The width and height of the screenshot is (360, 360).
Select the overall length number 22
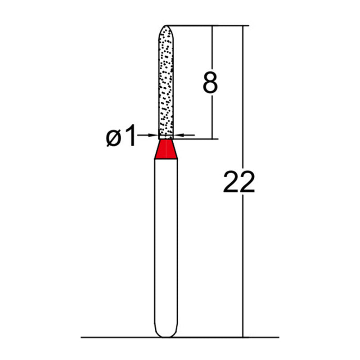(239, 182)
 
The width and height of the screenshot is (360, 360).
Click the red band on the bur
(166, 150)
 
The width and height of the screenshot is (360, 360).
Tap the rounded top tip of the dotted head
(166, 27)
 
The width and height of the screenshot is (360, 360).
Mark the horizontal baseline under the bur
(112, 337)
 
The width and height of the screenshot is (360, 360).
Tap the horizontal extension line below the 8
(198, 139)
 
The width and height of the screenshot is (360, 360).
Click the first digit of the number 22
(231, 182)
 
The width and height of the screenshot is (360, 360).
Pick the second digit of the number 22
(247, 182)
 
